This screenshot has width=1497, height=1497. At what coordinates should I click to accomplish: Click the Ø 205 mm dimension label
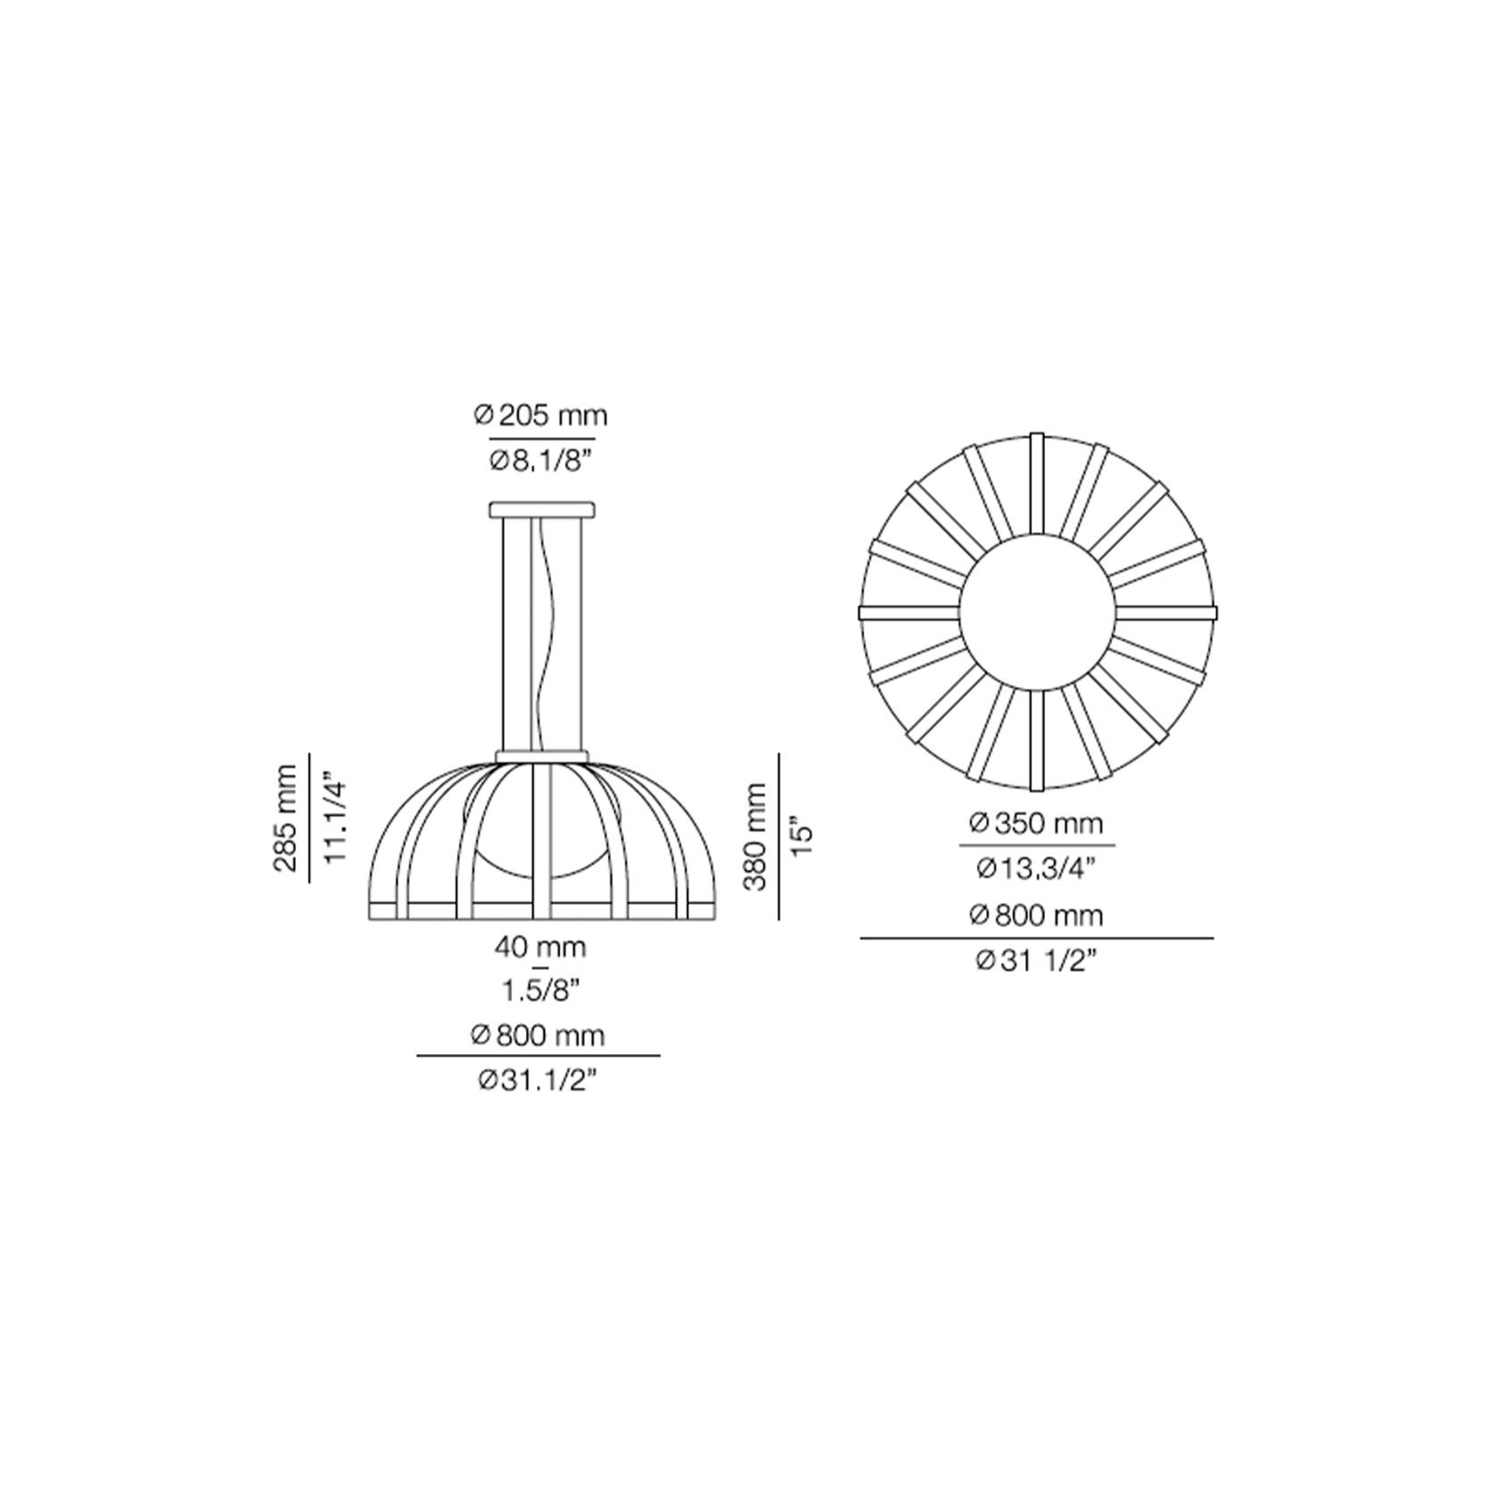540,415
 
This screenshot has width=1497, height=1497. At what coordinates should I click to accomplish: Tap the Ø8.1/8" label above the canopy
541,461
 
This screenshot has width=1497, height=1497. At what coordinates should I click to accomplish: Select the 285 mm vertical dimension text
286,818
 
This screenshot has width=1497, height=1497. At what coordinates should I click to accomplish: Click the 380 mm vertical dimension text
755,836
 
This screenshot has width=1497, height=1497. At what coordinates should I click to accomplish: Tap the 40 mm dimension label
540,947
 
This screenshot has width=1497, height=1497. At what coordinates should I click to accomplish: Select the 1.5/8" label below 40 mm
540,990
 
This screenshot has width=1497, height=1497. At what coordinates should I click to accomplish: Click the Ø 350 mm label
1037,823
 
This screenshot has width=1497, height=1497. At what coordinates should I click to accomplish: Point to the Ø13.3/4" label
1037,867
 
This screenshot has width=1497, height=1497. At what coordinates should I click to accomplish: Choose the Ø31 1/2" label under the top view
1037,961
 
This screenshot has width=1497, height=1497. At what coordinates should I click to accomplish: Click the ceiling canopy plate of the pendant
541,509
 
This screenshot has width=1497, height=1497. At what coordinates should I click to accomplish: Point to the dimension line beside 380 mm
779,836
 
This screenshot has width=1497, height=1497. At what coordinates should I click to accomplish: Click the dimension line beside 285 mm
309,818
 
